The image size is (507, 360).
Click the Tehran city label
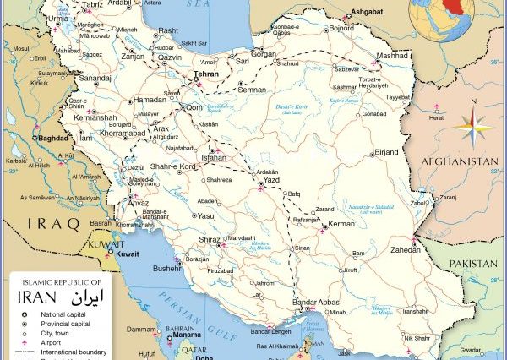(x=206, y=74)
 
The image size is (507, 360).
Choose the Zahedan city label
(x=406, y=250)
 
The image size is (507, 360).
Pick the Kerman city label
(x=341, y=223)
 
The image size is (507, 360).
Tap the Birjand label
(x=386, y=152)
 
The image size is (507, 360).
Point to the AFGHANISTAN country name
(x=460, y=161)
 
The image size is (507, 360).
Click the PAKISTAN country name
(x=472, y=264)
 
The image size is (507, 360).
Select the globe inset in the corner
(x=440, y=18)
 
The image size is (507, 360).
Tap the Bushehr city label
(x=166, y=268)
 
